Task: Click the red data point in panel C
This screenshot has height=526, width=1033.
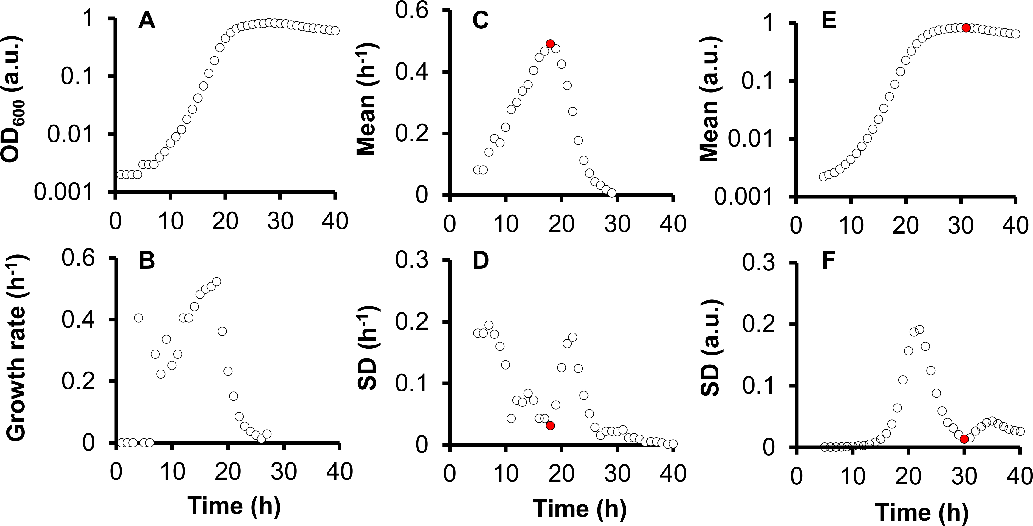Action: pyautogui.click(x=550, y=44)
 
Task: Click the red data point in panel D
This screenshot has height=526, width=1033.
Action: pyautogui.click(x=550, y=426)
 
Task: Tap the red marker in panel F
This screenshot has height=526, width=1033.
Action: pyautogui.click(x=964, y=439)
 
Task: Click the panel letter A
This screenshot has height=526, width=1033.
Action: pyautogui.click(x=147, y=21)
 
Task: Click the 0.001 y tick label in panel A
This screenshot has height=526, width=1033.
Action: pyautogui.click(x=63, y=192)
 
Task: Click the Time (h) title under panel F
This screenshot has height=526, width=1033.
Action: pyautogui.click(x=922, y=512)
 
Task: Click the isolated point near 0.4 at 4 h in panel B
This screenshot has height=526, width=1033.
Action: pyautogui.click(x=138, y=318)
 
